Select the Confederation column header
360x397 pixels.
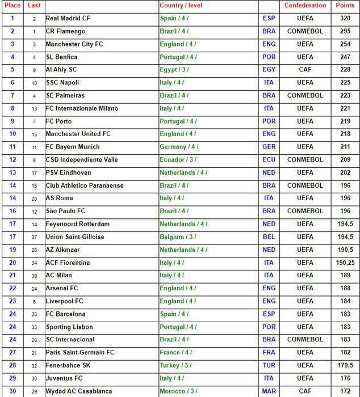(305, 5)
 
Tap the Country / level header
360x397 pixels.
(181, 5)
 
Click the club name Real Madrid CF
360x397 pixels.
(68, 18)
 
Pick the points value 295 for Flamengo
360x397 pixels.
(344, 31)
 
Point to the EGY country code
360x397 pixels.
(269, 70)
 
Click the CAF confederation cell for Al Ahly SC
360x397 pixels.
(305, 70)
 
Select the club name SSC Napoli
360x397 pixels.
(62, 83)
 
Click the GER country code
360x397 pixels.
(269, 147)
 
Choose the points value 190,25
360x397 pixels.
(344, 263)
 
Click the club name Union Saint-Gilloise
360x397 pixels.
(74, 237)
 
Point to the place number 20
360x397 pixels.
(12, 263)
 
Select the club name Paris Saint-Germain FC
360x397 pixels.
(80, 352)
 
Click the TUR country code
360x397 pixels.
(269, 365)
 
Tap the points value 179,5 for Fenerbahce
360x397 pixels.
(344, 365)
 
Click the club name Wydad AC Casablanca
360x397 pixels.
(79, 391)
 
